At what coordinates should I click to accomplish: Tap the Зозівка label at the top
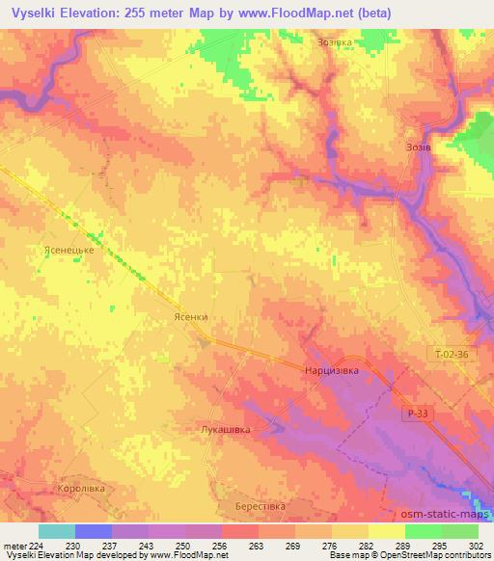point(337,42)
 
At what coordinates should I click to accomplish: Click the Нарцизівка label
point(331,369)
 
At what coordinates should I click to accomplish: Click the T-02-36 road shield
point(452,355)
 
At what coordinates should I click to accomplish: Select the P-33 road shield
point(415,413)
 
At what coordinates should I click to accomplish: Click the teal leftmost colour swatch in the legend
point(57,531)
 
